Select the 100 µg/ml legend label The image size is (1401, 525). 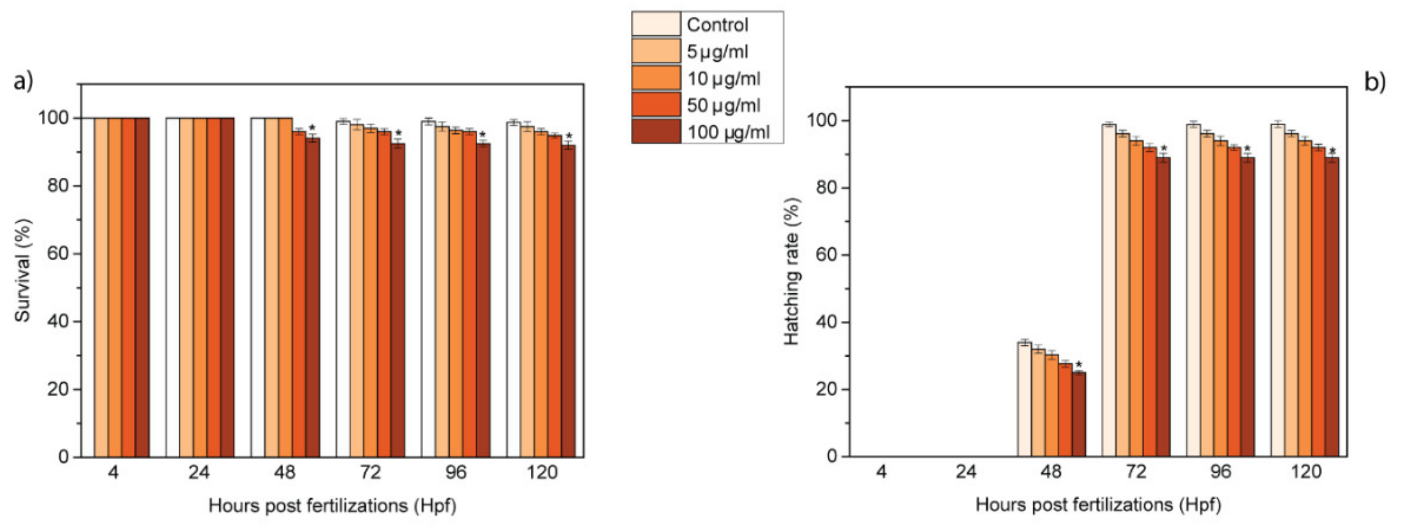pyautogui.click(x=728, y=132)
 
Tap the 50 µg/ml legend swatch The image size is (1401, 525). pyautogui.click(x=655, y=104)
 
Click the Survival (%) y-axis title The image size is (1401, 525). pyautogui.click(x=22, y=270)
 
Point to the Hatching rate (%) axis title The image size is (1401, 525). pyautogui.click(x=792, y=271)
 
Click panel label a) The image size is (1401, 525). pyautogui.click(x=23, y=81)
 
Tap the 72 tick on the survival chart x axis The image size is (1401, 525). pyautogui.click(x=370, y=472)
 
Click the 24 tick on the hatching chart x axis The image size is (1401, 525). pyautogui.click(x=966, y=471)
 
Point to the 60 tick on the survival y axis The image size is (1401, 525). pyautogui.click(x=57, y=253)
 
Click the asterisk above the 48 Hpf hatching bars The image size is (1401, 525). pyautogui.click(x=1079, y=364)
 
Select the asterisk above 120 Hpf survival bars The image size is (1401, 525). pyautogui.click(x=569, y=136)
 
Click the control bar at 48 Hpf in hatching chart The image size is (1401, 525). pyautogui.click(x=1024, y=400)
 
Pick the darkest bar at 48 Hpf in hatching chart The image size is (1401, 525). pyautogui.click(x=1079, y=415)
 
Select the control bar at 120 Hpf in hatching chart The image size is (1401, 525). pyautogui.click(x=1278, y=291)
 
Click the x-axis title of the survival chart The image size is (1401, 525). pyautogui.click(x=332, y=506)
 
